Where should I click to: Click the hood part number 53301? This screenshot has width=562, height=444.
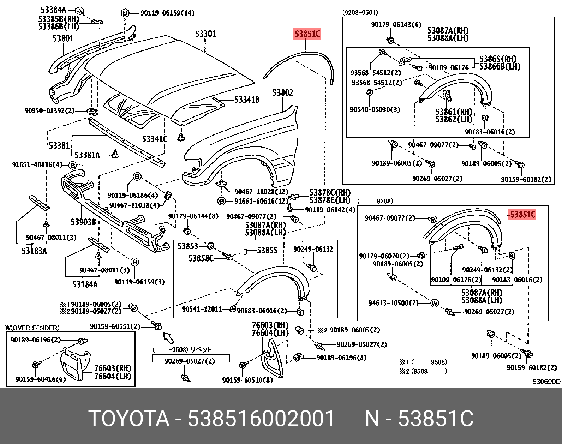(205, 34)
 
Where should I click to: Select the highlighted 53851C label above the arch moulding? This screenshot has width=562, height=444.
(307, 34)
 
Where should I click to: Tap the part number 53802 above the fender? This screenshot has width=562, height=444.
(282, 93)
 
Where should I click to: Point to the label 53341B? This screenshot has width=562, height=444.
(247, 100)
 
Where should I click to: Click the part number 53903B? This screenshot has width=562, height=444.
(83, 222)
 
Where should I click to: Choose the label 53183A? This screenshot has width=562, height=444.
(34, 251)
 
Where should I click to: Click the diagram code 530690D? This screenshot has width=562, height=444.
(546, 382)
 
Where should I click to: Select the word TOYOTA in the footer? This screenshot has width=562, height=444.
(129, 419)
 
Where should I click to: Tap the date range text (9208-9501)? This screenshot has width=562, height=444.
(360, 13)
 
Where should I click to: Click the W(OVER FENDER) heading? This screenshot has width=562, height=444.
(32, 328)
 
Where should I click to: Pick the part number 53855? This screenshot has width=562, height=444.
(267, 251)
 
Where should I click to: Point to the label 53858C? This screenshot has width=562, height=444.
(201, 259)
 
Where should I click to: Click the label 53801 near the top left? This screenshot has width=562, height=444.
(63, 38)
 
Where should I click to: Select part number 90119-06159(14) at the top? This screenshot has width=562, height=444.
(167, 13)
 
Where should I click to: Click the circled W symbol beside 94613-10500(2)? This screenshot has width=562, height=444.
(435, 303)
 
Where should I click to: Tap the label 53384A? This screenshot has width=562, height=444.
(53, 10)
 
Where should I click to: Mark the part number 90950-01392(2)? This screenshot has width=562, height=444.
(49, 111)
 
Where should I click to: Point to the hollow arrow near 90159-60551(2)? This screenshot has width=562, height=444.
(169, 338)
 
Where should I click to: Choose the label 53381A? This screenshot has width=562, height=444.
(87, 155)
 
